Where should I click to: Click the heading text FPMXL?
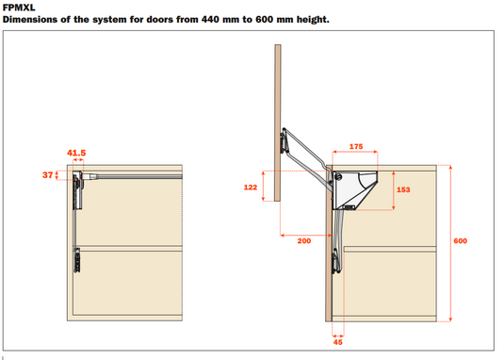[19, 8]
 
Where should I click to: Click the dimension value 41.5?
[76, 153]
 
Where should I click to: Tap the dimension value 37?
[47, 175]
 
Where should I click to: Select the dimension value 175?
[356, 147]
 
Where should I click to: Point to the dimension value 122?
[251, 188]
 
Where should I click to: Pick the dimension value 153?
[403, 189]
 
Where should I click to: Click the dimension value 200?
[304, 240]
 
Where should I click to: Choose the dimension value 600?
[461, 240]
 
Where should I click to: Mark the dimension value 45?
[338, 342]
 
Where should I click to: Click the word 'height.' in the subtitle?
[313, 20]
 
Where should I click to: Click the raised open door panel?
[278, 123]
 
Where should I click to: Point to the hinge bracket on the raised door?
[284, 140]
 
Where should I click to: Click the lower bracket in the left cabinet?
[77, 260]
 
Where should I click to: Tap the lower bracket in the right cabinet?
[336, 261]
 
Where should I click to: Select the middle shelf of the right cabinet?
[390, 249]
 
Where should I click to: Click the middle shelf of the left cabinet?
[129, 249]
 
